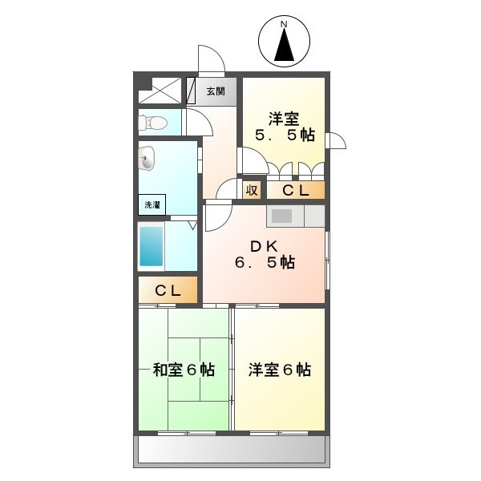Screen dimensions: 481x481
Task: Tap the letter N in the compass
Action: click(284, 25)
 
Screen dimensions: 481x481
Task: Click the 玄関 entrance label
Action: click(216, 91)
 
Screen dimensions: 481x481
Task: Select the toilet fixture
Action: click(155, 123)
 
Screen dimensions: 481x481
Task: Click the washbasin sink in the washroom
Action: click(147, 161)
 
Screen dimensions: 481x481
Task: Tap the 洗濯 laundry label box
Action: click(152, 205)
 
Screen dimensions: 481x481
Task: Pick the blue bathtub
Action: click(152, 245)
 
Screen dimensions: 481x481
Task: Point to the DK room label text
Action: click(265, 245)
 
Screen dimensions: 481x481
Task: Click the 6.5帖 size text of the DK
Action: click(265, 263)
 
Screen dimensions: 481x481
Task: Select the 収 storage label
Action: click(252, 190)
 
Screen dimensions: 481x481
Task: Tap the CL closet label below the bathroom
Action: click(168, 291)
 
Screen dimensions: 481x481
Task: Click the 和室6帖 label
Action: click(184, 370)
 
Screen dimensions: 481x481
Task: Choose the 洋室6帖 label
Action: click(280, 370)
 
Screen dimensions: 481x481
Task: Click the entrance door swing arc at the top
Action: click(210, 59)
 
